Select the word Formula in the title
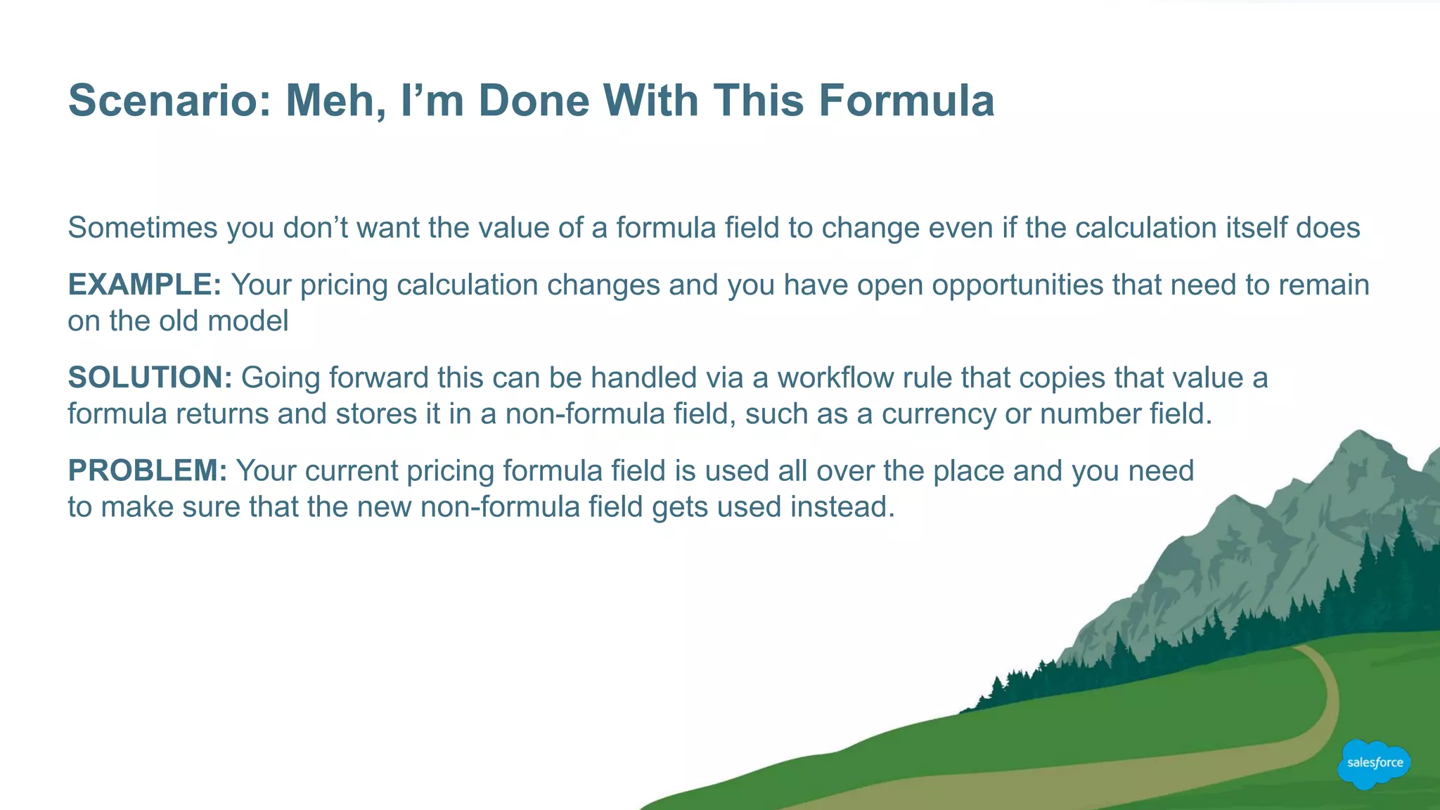click(906, 101)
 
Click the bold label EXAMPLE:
click(145, 285)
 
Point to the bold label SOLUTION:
click(150, 378)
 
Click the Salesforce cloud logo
click(1374, 763)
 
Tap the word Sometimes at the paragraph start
click(143, 228)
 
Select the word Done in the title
click(534, 101)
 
